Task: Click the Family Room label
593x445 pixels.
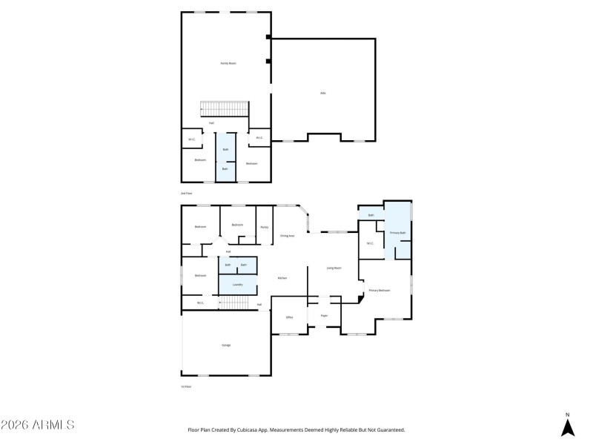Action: (x=228, y=64)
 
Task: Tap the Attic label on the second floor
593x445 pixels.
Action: (x=322, y=93)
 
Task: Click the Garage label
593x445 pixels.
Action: (x=226, y=345)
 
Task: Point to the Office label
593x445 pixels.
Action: (x=289, y=317)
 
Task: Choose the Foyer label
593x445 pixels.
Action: (x=324, y=315)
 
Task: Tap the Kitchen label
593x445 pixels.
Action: (x=282, y=278)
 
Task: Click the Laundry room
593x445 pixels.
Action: (x=237, y=284)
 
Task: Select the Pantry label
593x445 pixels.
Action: (x=264, y=227)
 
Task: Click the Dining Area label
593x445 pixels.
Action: (x=287, y=236)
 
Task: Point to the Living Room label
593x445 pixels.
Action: (x=334, y=268)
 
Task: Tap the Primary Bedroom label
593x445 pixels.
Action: (x=380, y=290)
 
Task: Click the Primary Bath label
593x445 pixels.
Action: (x=397, y=233)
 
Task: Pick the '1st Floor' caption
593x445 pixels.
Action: (x=187, y=386)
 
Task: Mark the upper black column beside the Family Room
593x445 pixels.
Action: (x=268, y=37)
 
